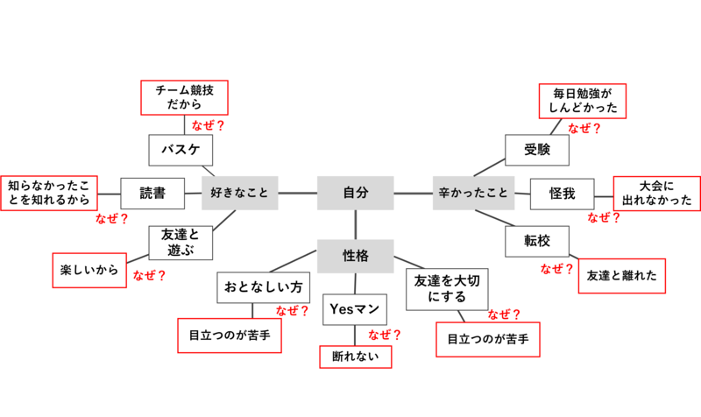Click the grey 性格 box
[x=355, y=256]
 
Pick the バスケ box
[x=181, y=150]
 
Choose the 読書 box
[x=152, y=193]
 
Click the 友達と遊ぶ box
[x=181, y=242]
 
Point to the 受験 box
[x=537, y=150]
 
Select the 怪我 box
[x=562, y=193]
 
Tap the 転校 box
[x=537, y=241]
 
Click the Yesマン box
[x=355, y=309]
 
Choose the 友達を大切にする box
[x=447, y=287]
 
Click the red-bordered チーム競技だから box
[x=184, y=98]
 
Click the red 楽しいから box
[x=89, y=270]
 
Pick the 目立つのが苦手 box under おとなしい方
[x=229, y=335]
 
